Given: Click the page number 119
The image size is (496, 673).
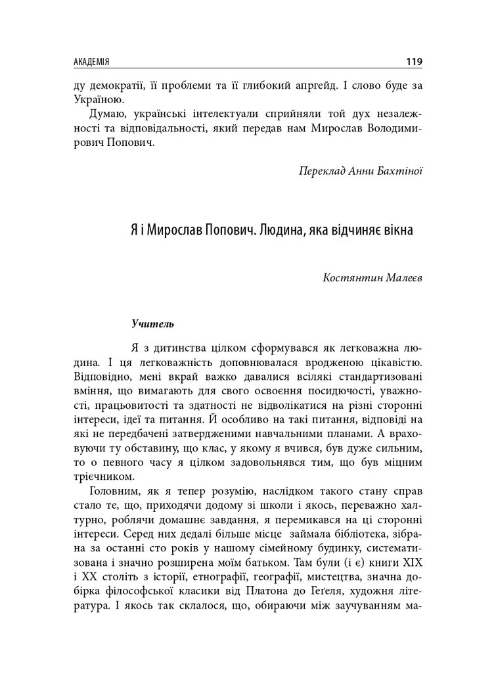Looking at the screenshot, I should (x=414, y=62).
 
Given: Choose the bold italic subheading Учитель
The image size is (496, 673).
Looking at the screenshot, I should (x=152, y=324).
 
